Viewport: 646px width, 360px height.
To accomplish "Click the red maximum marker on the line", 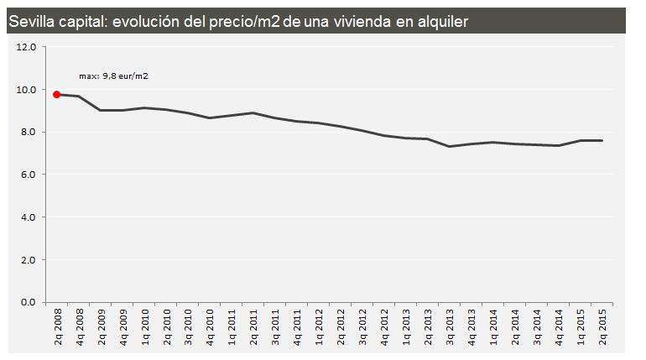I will point(56,94).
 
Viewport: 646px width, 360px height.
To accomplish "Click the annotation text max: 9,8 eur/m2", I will point(113,76).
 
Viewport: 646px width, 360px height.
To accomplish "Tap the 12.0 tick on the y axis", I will point(26,47).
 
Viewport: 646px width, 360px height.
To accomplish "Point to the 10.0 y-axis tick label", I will point(26,90).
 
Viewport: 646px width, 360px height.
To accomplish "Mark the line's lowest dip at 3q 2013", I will point(450,146).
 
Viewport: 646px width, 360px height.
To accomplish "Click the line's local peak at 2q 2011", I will point(253,112).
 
